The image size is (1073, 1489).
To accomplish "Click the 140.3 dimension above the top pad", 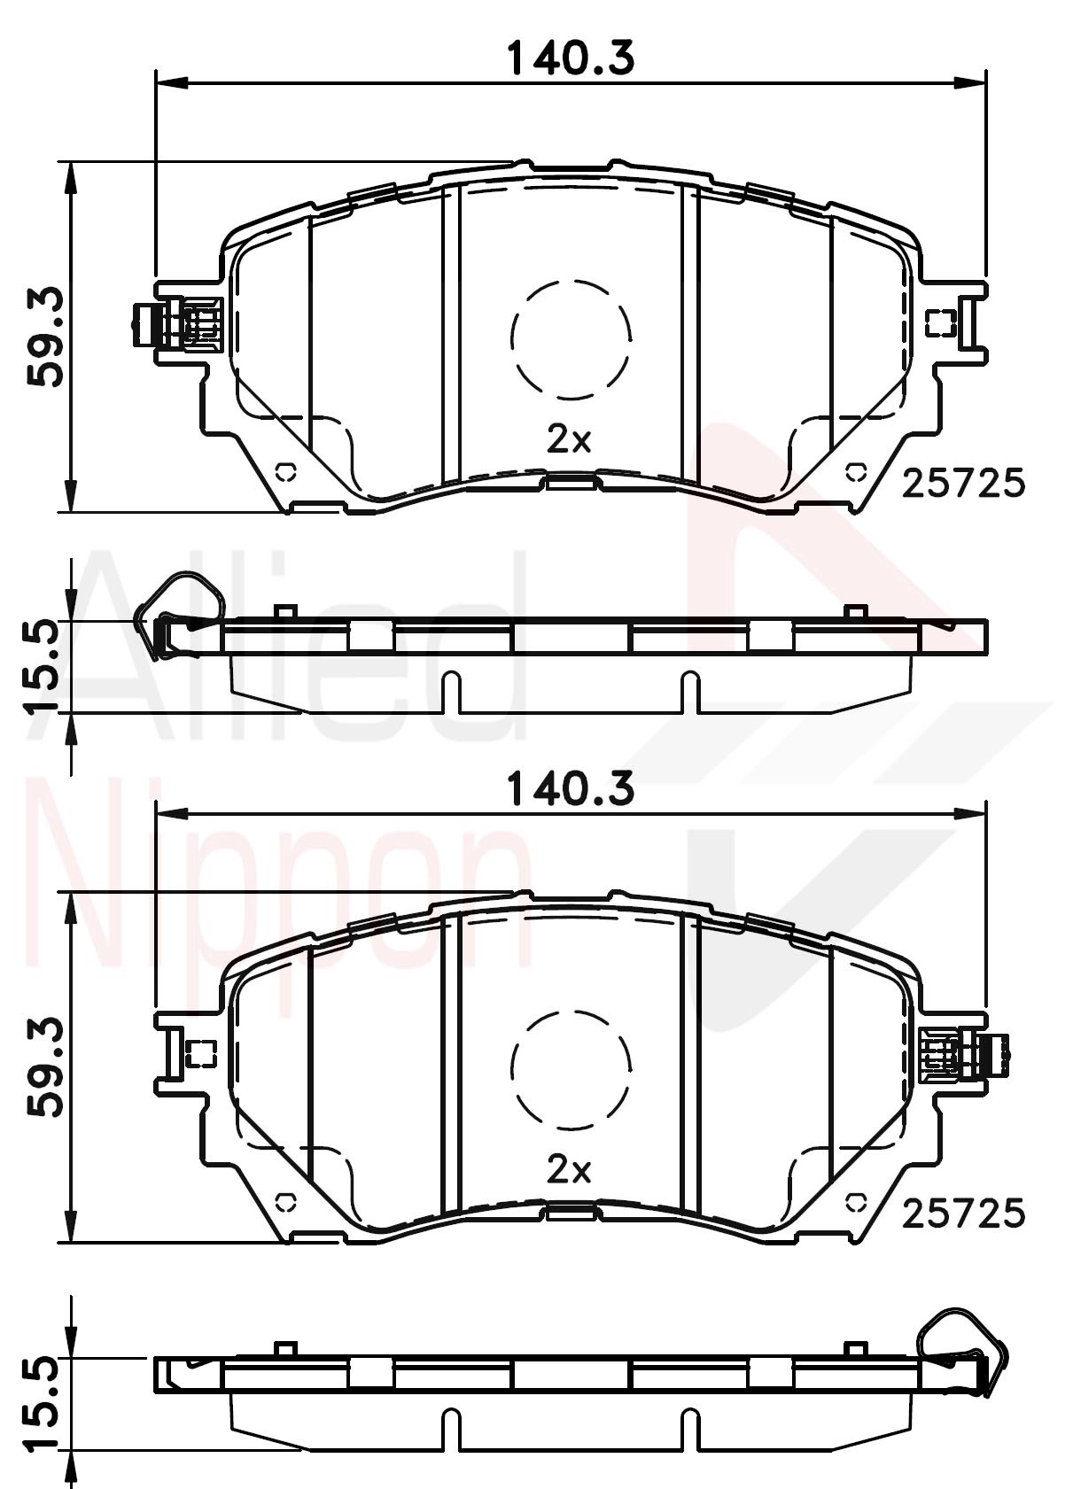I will click(x=571, y=58).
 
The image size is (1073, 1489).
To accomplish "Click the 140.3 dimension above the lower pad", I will click(x=571, y=788).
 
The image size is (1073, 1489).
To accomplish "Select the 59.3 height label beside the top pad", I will click(x=44, y=336).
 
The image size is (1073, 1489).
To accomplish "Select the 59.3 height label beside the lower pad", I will click(x=44, y=1066).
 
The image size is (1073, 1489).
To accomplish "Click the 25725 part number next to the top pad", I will click(x=963, y=484).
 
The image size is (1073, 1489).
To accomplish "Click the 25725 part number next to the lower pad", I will click(x=963, y=1214).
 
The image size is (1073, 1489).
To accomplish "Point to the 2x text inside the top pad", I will click(x=569, y=439).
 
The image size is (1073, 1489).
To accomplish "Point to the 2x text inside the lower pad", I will click(x=569, y=1170).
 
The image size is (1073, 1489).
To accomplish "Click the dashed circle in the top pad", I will click(x=571, y=337).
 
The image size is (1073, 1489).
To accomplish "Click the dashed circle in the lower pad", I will click(x=571, y=1069).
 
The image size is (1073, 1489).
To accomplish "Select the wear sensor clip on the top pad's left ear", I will click(x=177, y=324).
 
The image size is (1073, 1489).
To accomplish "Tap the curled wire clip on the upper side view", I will click(x=177, y=611).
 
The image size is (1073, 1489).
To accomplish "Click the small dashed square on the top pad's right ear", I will click(x=940, y=323).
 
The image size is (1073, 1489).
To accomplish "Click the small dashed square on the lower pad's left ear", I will click(x=202, y=1053).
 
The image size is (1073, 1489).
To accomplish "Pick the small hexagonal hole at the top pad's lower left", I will click(x=286, y=470).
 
